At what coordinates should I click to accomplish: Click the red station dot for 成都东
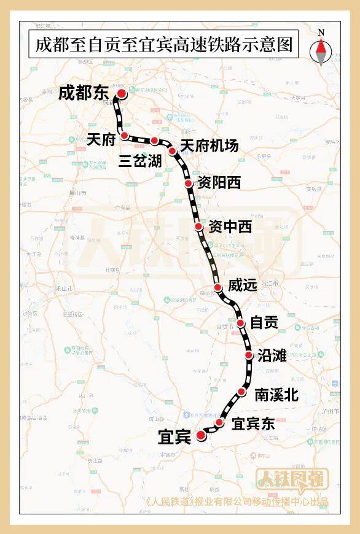[122, 93]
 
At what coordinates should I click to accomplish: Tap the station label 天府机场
[209, 146]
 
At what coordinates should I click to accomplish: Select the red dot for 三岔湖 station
[154, 141]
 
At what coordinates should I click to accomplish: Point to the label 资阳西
[219, 183]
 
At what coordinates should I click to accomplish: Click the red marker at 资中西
[198, 227]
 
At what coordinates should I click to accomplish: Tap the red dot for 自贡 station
[241, 323]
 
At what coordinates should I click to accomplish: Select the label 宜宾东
[253, 424]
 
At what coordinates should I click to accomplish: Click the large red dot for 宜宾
[201, 436]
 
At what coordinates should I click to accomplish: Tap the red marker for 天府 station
[124, 135]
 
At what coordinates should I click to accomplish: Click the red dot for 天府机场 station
[173, 150]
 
